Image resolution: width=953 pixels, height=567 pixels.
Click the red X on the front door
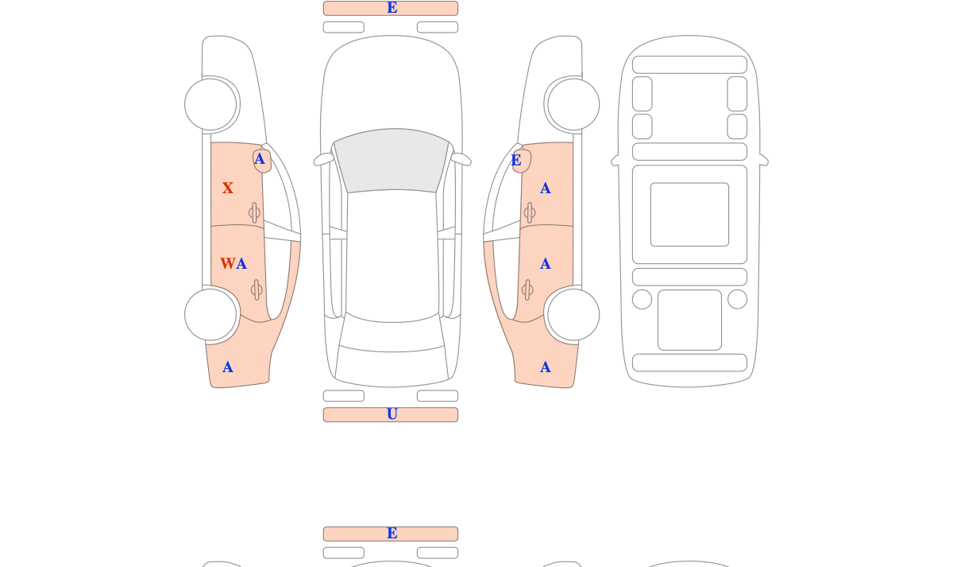[228, 188]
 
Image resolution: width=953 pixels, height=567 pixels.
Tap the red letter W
[228, 264]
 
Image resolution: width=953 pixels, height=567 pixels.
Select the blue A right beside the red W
[241, 264]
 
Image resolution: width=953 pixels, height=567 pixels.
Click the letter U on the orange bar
[392, 414]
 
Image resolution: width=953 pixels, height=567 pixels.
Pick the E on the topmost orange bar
[392, 8]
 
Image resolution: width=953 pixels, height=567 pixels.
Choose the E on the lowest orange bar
[392, 534]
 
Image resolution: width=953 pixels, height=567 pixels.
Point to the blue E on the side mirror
[516, 160]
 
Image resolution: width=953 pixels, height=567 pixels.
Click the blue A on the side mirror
[259, 159]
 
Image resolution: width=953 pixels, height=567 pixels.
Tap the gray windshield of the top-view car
[392, 160]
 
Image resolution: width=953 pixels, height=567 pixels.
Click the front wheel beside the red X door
[210, 104]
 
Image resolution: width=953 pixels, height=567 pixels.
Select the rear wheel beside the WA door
[210, 315]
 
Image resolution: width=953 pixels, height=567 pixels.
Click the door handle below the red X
[254, 212]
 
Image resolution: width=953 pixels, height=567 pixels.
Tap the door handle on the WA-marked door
[257, 290]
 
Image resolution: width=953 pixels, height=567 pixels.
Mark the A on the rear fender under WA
[228, 367]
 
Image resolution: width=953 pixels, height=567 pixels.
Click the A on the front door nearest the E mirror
[546, 188]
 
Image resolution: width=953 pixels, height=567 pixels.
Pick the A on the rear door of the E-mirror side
[546, 264]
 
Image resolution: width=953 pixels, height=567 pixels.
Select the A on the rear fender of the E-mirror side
[546, 367]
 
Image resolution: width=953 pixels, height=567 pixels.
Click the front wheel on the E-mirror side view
[573, 104]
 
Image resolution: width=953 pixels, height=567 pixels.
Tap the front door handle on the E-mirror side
[530, 212]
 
